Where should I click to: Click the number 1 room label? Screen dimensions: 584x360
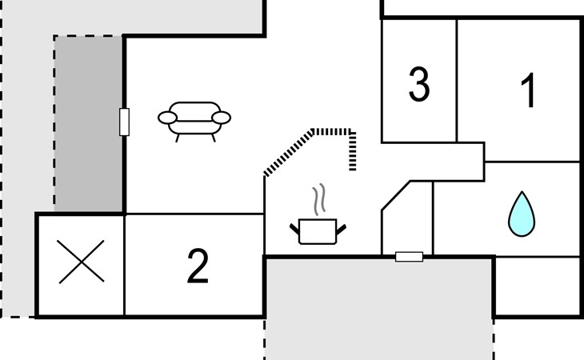[529, 90]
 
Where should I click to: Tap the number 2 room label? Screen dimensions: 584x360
[198, 266]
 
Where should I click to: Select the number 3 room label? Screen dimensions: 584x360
[419, 84]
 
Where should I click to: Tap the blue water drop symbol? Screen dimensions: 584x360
[522, 214]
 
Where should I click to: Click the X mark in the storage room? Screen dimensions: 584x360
[81, 262]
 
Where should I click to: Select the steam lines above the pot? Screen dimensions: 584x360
[319, 199]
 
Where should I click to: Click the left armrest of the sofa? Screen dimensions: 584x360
[167, 118]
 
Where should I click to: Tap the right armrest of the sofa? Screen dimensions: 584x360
[222, 118]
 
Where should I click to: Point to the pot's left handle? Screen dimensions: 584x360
[294, 229]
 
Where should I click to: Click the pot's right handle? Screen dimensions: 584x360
[341, 230]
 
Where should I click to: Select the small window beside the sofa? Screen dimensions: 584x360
[124, 122]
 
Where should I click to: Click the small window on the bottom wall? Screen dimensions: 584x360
[409, 257]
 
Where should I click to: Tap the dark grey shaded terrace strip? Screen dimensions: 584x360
[89, 124]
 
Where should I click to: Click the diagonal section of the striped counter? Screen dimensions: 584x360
[289, 153]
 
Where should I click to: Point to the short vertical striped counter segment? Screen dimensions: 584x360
[352, 150]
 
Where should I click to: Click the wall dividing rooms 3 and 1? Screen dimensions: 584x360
[457, 81]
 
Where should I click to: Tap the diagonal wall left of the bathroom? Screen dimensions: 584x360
[396, 196]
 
